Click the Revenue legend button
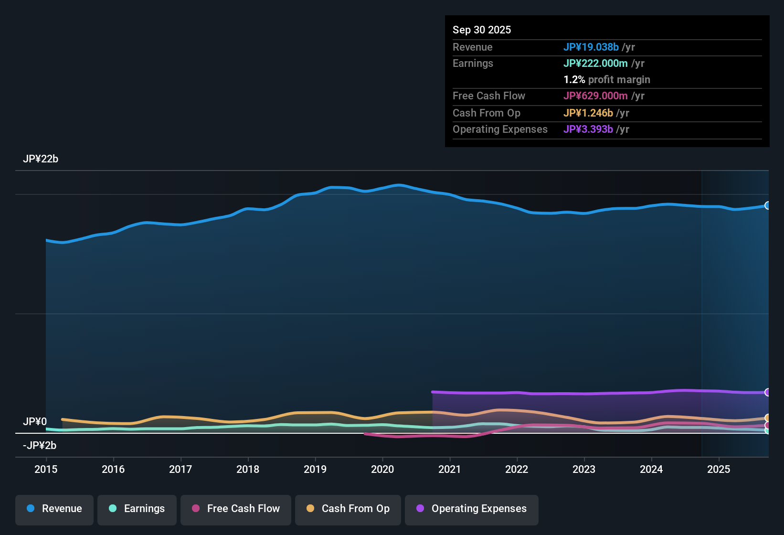point(54,509)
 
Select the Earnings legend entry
point(137,509)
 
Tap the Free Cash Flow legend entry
point(236,509)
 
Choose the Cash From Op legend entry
point(348,509)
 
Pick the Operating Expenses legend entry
point(472,509)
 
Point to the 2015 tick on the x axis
point(46,470)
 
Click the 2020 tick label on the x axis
point(382,470)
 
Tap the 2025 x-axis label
point(719,470)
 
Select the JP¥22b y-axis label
point(41,159)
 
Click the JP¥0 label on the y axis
point(35,422)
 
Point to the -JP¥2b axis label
point(40,446)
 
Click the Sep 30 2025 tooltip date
point(482,30)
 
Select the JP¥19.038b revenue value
point(591,47)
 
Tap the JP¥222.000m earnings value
point(595,64)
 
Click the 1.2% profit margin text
point(607,80)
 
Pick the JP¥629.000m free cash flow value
point(595,96)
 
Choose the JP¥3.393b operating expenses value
point(588,129)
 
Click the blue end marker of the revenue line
point(767,205)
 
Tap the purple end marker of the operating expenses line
point(767,392)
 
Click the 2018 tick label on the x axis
point(248,470)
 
